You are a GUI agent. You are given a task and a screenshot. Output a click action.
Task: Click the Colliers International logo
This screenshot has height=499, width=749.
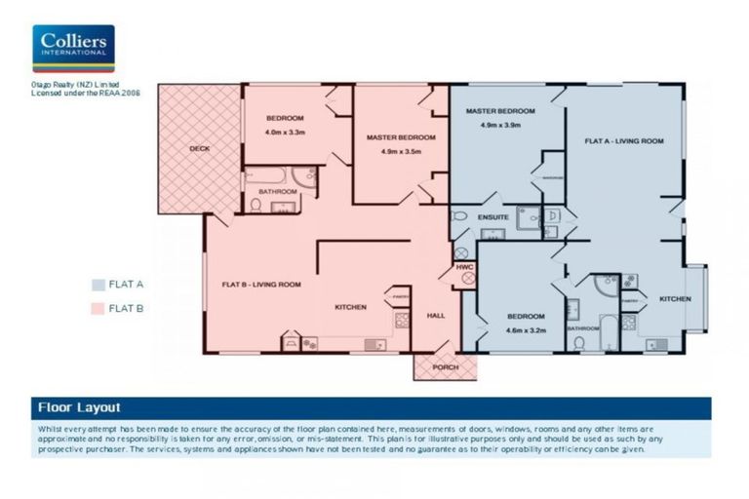tap(73, 49)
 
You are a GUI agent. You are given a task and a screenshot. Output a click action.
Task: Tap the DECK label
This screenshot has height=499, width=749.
tap(199, 149)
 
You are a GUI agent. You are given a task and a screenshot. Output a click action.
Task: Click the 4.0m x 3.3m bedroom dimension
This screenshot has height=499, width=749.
tap(286, 132)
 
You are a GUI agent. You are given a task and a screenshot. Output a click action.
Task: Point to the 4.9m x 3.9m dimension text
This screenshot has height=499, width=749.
tap(500, 126)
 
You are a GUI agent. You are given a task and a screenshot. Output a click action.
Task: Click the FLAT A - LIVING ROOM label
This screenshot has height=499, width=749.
tap(624, 141)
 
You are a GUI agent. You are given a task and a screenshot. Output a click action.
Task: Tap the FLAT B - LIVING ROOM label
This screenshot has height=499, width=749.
tap(260, 285)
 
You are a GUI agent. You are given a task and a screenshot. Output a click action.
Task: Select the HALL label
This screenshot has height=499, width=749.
tap(436, 316)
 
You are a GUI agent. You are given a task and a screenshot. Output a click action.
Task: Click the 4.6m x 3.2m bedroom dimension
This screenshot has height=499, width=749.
tap(525, 330)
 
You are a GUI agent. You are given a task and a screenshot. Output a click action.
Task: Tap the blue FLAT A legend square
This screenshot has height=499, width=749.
tap(98, 285)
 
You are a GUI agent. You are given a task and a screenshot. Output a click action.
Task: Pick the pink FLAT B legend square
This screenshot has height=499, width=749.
tap(98, 309)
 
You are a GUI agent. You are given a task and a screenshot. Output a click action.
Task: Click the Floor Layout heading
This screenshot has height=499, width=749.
tap(79, 407)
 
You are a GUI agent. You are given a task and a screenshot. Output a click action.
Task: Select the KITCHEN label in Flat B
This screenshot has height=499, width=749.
tap(350, 307)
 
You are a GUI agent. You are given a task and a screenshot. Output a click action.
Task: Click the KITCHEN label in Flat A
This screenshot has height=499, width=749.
tap(675, 298)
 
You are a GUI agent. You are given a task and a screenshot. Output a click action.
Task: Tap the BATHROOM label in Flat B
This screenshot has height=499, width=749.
tap(277, 192)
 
